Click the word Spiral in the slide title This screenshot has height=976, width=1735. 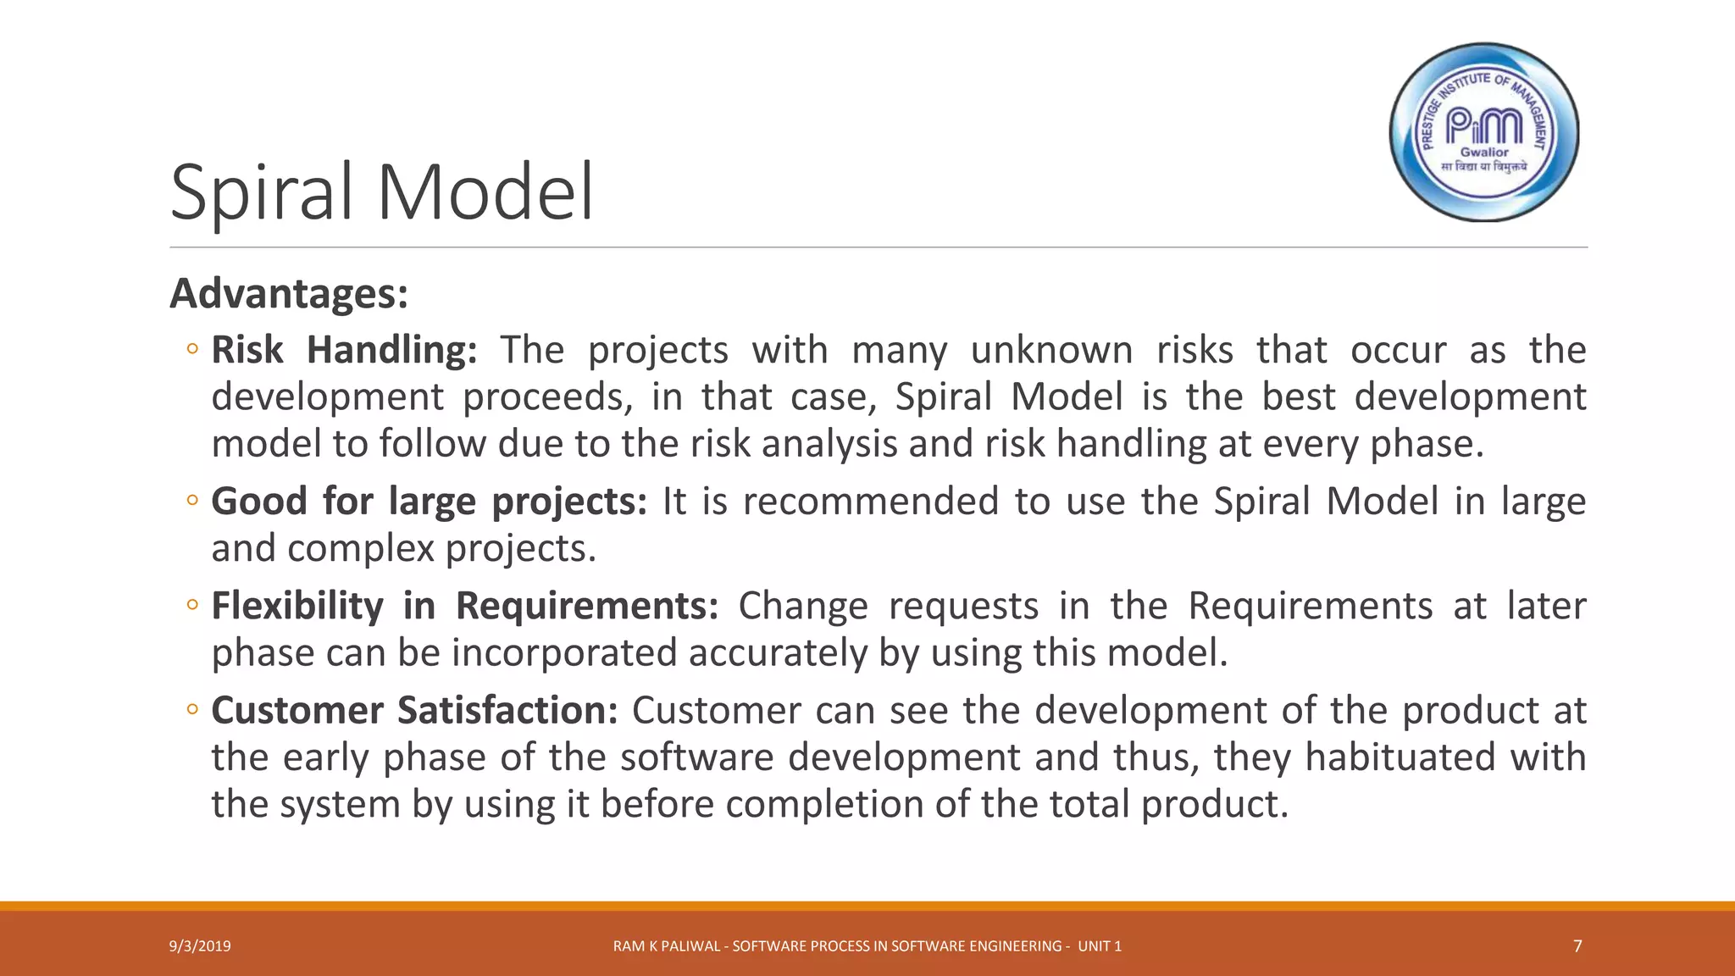point(261,193)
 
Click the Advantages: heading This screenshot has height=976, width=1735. point(289,294)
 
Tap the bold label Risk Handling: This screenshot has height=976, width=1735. point(344,350)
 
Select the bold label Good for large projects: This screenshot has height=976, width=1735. point(429,502)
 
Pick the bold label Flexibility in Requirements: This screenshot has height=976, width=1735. point(464,606)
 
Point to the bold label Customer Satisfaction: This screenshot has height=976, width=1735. point(414,710)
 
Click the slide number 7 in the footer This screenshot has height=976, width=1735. point(1577,946)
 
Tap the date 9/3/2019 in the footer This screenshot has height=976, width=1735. point(200,946)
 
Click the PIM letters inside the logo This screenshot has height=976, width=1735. point(1483,126)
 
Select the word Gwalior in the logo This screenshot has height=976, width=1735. point(1484,152)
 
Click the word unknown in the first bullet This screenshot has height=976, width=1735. point(1051,350)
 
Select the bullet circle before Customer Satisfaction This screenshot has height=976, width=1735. point(192,709)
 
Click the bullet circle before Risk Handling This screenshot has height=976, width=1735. point(192,348)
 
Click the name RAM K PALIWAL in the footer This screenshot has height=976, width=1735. point(667,946)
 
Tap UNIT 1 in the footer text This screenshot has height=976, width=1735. point(1100,946)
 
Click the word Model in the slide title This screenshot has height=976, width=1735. point(485,193)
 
